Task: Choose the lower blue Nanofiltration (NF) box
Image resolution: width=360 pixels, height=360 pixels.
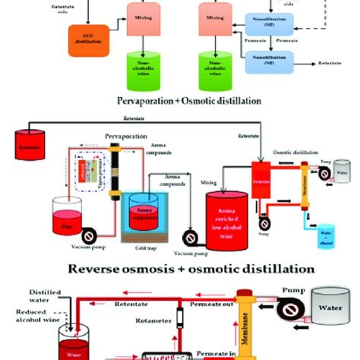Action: [x=270, y=58]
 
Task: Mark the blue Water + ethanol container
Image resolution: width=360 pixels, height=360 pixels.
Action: [x=327, y=236]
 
